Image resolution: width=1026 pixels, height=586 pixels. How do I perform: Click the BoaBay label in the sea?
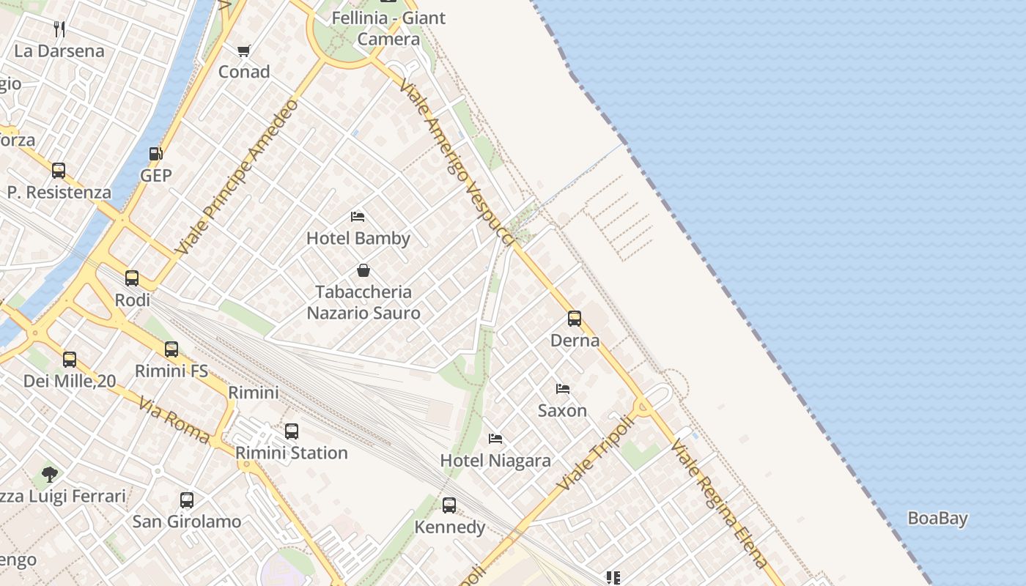tap(937, 519)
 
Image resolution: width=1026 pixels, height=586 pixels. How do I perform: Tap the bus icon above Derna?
tap(575, 319)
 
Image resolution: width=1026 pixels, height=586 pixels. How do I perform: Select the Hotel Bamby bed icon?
tap(358, 217)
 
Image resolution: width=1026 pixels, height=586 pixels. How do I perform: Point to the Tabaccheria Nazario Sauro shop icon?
tap(363, 270)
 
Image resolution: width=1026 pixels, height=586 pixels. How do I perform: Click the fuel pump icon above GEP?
tap(155, 154)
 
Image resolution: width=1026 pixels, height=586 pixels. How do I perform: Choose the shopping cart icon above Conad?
tap(244, 51)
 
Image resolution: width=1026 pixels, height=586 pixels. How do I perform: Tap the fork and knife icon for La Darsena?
tap(59, 29)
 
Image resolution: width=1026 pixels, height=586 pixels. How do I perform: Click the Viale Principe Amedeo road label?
tap(237, 177)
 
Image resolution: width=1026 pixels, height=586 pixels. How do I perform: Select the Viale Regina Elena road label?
tap(719, 503)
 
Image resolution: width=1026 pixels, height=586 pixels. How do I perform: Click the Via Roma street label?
tap(174, 421)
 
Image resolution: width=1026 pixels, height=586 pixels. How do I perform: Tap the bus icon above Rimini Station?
tap(291, 431)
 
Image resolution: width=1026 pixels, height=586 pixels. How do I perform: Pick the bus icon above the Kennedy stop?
tap(449, 505)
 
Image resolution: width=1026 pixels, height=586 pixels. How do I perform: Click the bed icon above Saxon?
tap(562, 389)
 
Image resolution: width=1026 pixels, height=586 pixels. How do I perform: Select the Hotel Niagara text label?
tap(495, 461)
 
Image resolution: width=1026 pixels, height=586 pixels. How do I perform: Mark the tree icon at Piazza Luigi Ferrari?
tap(50, 475)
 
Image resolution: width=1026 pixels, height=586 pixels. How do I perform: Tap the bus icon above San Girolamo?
tap(187, 500)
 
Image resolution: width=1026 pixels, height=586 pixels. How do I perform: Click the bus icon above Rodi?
tap(132, 278)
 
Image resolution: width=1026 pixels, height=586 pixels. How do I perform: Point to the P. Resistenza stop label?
tap(59, 193)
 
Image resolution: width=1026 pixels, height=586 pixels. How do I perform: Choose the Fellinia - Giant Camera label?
tap(388, 28)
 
